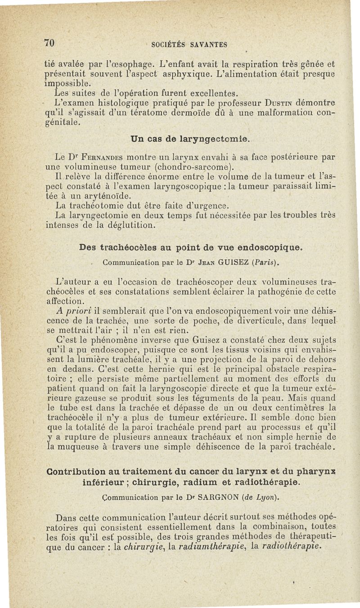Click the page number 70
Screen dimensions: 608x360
click(x=49, y=43)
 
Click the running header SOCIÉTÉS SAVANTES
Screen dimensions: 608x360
click(x=189, y=44)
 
